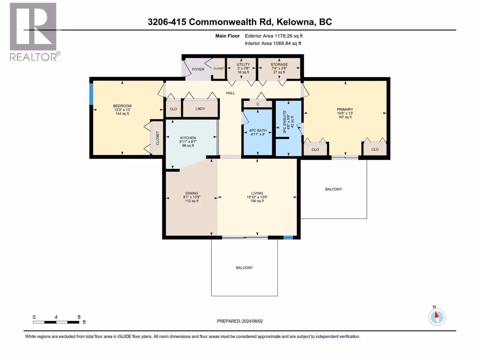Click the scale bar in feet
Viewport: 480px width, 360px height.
[56, 322]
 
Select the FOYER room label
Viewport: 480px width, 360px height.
[198, 69]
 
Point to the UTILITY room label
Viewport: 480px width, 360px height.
[243, 64]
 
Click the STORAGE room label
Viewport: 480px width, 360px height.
[279, 64]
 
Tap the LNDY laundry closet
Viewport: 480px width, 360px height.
[200, 109]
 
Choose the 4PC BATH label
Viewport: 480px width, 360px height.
[258, 130]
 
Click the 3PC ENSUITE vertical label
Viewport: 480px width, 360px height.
[284, 122]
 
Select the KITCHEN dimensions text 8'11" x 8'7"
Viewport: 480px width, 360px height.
[188, 142]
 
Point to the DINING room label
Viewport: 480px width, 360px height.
[192, 193]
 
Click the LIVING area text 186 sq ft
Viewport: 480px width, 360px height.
[257, 201]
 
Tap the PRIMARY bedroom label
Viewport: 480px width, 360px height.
[345, 109]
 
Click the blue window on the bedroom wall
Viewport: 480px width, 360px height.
[91, 94]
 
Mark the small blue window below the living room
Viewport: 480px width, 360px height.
[288, 238]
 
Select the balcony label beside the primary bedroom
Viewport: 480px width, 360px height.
[334, 189]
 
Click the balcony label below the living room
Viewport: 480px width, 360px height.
[244, 268]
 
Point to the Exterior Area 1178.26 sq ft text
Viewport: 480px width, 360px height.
[274, 36]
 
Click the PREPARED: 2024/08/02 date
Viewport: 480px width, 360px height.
[240, 321]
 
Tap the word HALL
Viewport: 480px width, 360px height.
[230, 93]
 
